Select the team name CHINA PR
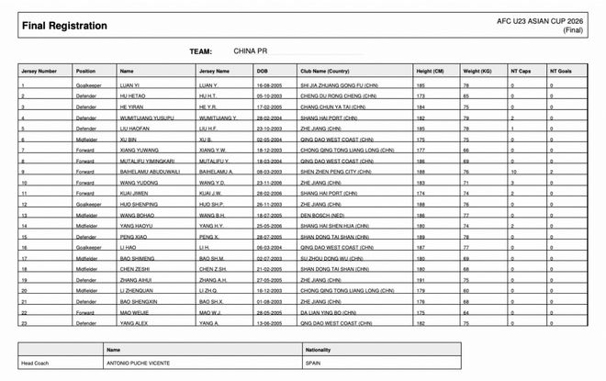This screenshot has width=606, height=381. click(252, 51)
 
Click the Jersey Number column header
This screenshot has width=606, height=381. click(39, 71)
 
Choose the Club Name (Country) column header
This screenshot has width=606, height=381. click(324, 71)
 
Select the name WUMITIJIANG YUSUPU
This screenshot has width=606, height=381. click(149, 118)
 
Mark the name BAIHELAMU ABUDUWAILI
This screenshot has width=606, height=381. click(151, 172)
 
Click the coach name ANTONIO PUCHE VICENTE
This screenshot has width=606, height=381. click(151, 361)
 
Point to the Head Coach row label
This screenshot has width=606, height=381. click(37, 361)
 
